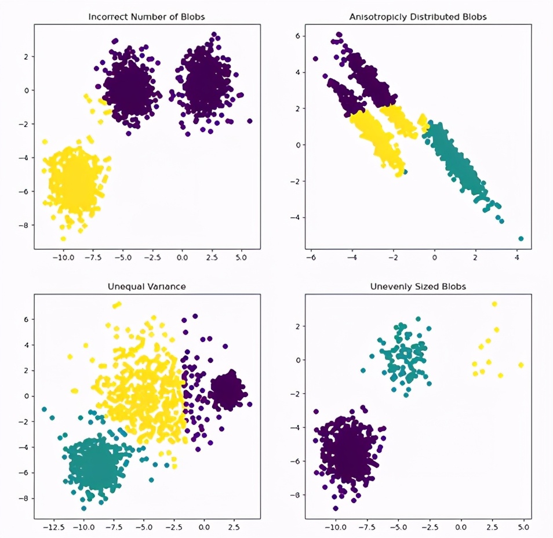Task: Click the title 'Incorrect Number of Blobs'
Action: tap(146, 17)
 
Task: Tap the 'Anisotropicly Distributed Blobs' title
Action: tap(418, 17)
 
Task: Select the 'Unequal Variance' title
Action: tap(146, 286)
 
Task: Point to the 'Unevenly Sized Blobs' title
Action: tap(418, 286)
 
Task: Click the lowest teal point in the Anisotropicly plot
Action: tap(521, 239)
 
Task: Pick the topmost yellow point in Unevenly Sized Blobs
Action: tap(494, 304)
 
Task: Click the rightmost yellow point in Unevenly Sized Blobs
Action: tap(521, 365)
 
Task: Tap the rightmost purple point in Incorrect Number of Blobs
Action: tap(250, 121)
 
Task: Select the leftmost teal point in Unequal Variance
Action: tap(44, 409)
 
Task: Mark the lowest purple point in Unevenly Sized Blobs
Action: tap(336, 508)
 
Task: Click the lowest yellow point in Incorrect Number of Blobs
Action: tap(63, 239)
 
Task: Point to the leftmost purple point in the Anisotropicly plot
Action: tap(315, 59)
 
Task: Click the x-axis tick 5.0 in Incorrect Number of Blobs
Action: tap(241, 258)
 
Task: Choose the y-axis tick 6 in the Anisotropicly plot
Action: tap(298, 36)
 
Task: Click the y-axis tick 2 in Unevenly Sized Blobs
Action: tap(298, 326)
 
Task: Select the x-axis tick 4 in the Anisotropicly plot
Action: tap(516, 258)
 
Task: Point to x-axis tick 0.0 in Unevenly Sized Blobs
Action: tap(461, 528)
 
